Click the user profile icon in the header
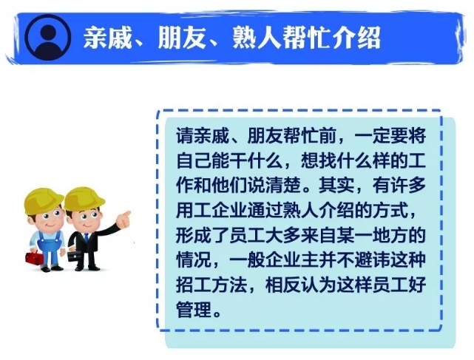pos(47,37)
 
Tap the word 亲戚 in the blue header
pos(108,38)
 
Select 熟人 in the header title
pos(257,38)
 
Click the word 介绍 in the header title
pos(356,38)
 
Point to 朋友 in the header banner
pos(183,38)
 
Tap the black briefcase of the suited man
pos(74,256)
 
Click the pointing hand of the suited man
pos(124,218)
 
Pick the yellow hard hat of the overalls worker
pos(43,200)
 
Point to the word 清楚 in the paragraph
pos(283,185)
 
